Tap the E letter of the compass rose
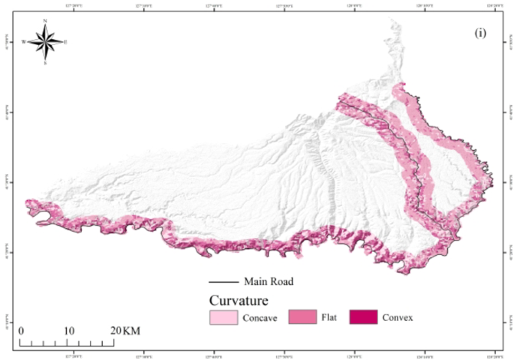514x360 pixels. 65,42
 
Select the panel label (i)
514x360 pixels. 480,34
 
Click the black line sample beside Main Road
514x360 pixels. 224,283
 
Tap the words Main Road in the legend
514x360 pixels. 268,283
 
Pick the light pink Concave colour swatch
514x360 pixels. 224,317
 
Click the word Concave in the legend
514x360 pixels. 260,318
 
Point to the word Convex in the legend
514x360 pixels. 398,318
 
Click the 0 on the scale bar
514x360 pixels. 21,331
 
